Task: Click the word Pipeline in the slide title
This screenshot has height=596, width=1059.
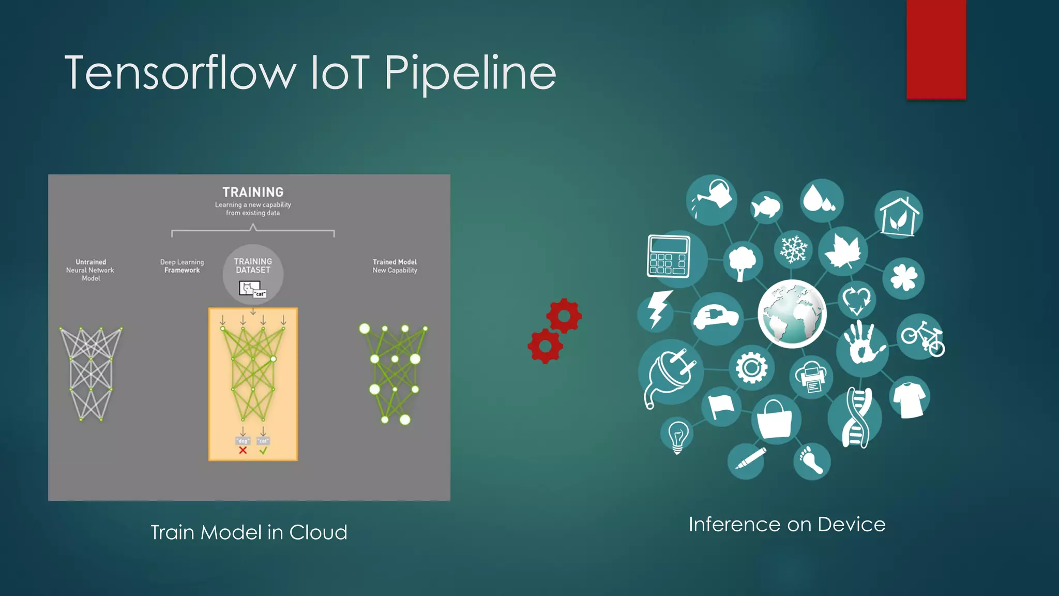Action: coord(470,73)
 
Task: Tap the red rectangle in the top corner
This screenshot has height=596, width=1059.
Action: coord(936,49)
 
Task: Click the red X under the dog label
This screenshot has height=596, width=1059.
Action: coord(243,451)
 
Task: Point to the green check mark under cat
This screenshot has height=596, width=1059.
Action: coord(263,451)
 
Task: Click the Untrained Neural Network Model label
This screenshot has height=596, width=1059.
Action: coord(90,270)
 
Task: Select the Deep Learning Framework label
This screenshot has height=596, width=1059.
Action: coord(182,266)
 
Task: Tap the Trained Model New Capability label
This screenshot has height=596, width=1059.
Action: coord(395,266)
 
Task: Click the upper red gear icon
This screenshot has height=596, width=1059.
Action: coord(564,316)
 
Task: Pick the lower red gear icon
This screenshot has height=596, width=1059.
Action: coord(545,346)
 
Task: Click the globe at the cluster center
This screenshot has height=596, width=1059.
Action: coord(792,314)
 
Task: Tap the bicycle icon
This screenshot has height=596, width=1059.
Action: coord(922,337)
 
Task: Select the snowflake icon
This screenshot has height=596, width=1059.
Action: coord(793,249)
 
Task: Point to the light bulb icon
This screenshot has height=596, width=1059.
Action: coord(677,435)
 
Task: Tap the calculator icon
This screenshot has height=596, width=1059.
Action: coord(669,257)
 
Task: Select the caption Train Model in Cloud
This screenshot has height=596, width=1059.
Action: coord(249,532)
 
